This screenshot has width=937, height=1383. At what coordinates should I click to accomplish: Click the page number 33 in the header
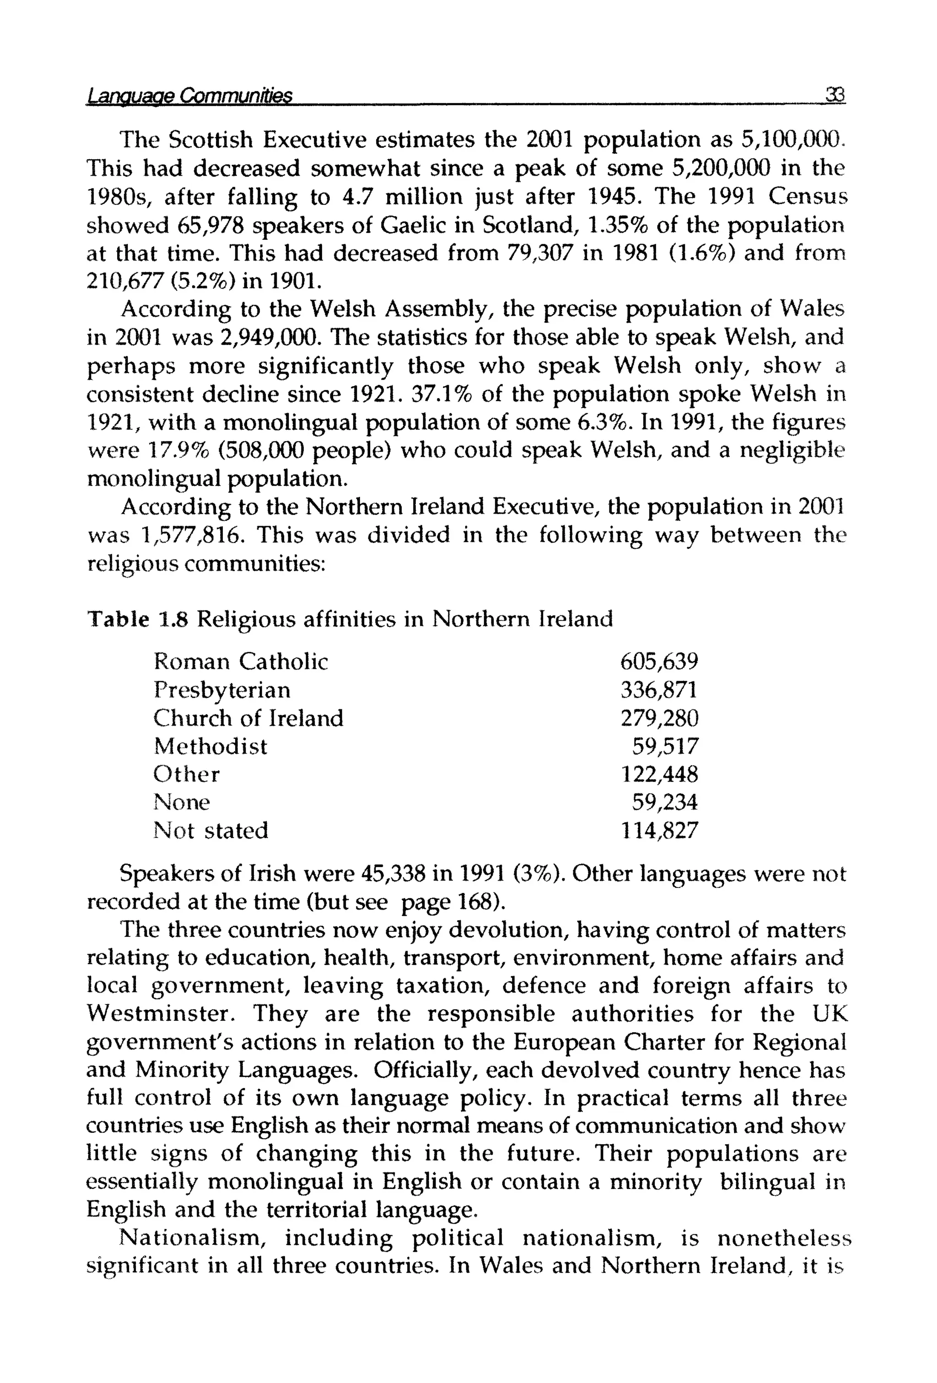835,95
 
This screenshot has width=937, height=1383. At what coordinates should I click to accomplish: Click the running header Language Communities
189,95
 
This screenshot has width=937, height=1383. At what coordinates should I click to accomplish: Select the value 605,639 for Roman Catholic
658,661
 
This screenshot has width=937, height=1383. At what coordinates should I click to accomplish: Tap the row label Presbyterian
222,690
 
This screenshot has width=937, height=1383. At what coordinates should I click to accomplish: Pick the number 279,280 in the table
659,718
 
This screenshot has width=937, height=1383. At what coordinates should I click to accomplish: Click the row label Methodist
210,746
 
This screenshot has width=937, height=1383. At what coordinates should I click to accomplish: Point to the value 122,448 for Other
659,774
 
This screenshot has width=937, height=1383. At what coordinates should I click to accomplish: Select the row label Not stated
211,830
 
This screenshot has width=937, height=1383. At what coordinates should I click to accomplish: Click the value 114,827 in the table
659,830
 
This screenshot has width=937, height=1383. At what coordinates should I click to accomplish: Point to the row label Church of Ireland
248,718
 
